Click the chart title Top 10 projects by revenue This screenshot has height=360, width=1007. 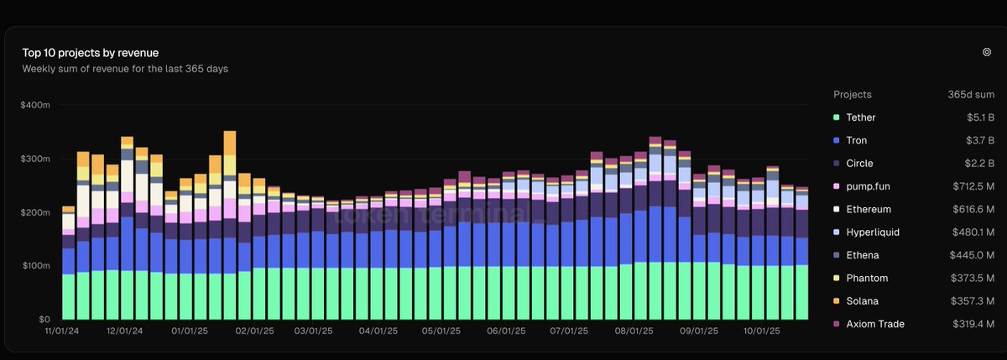tap(91, 53)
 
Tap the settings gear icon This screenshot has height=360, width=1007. tap(987, 52)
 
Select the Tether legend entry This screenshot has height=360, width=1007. tap(862, 117)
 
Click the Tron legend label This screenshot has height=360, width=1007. tap(857, 140)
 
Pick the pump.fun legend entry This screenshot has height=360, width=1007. tap(868, 186)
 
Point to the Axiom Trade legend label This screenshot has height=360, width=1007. tap(875, 324)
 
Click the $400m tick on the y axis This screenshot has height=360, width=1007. tap(37, 105)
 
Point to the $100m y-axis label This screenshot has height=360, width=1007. tap(37, 266)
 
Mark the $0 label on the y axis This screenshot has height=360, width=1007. tap(43, 320)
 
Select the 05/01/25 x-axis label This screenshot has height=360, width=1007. tap(441, 331)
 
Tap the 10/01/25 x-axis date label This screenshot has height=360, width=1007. tap(761, 331)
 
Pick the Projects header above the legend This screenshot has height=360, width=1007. tap(853, 95)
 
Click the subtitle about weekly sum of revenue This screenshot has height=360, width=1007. tap(125, 69)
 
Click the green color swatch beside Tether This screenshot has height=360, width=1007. tap(837, 117)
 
